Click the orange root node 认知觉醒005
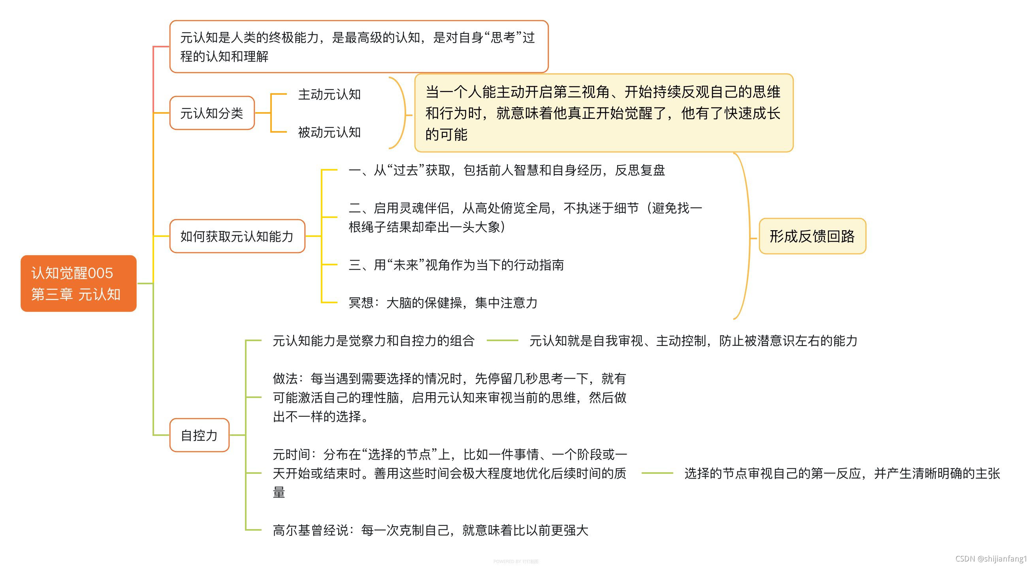click(x=79, y=283)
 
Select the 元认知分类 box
click(x=212, y=113)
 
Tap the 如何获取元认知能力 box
click(x=237, y=236)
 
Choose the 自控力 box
click(x=199, y=435)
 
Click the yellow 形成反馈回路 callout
click(x=812, y=236)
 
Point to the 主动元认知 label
click(x=329, y=94)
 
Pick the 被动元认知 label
click(x=329, y=132)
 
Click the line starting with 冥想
click(x=443, y=303)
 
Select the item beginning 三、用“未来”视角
click(x=456, y=265)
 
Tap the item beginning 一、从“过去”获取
click(x=507, y=170)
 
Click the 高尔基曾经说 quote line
click(x=430, y=530)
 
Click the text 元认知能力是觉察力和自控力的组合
click(x=373, y=341)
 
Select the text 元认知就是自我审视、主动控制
click(x=693, y=341)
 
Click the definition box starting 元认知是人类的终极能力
click(x=359, y=47)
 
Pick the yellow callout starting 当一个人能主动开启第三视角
click(x=603, y=113)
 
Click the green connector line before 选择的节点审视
click(x=657, y=473)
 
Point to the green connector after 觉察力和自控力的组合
click(x=502, y=341)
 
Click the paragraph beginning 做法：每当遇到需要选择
click(x=450, y=398)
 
